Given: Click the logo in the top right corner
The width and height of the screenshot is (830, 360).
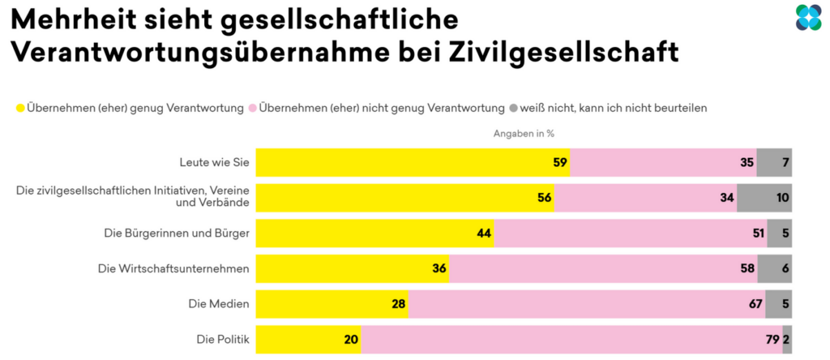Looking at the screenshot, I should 808,18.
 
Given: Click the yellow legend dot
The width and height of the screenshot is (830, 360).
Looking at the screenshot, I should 20,107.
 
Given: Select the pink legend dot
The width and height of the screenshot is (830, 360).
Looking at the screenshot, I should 253,107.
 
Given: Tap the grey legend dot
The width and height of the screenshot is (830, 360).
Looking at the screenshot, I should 512,107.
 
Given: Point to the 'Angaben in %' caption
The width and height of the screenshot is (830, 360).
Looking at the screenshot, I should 524,134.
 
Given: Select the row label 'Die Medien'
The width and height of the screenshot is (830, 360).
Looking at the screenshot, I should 220,304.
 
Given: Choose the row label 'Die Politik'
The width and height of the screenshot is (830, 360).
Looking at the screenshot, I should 220,340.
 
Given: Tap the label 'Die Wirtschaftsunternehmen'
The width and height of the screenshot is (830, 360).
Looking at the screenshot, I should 173,268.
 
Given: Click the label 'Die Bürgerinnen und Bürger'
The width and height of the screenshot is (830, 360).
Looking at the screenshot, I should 176,234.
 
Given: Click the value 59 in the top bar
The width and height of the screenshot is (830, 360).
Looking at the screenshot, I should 559,162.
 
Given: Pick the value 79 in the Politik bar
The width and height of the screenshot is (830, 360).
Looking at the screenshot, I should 771,340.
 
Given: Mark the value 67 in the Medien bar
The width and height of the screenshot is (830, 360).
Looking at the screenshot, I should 755,304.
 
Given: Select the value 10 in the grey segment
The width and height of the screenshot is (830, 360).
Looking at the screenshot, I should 781,198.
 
